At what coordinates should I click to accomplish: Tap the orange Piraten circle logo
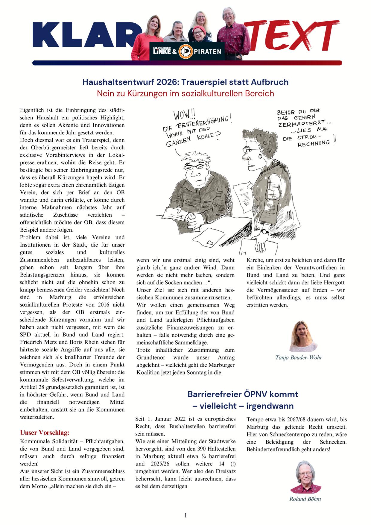tap(185, 51)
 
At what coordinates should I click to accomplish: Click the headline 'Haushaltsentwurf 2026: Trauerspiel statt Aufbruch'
tap(185, 82)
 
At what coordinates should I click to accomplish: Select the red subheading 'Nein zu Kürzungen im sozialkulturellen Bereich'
tap(185, 93)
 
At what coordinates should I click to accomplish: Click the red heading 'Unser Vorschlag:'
tap(45, 433)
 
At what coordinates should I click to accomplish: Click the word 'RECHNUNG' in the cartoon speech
tap(314, 143)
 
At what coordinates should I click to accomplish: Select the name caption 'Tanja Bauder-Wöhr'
tap(299, 357)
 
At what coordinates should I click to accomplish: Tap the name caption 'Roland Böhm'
tap(305, 499)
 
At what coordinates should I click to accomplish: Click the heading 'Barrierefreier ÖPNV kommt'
tap(243, 394)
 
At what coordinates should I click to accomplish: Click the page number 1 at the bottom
tap(185, 515)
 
